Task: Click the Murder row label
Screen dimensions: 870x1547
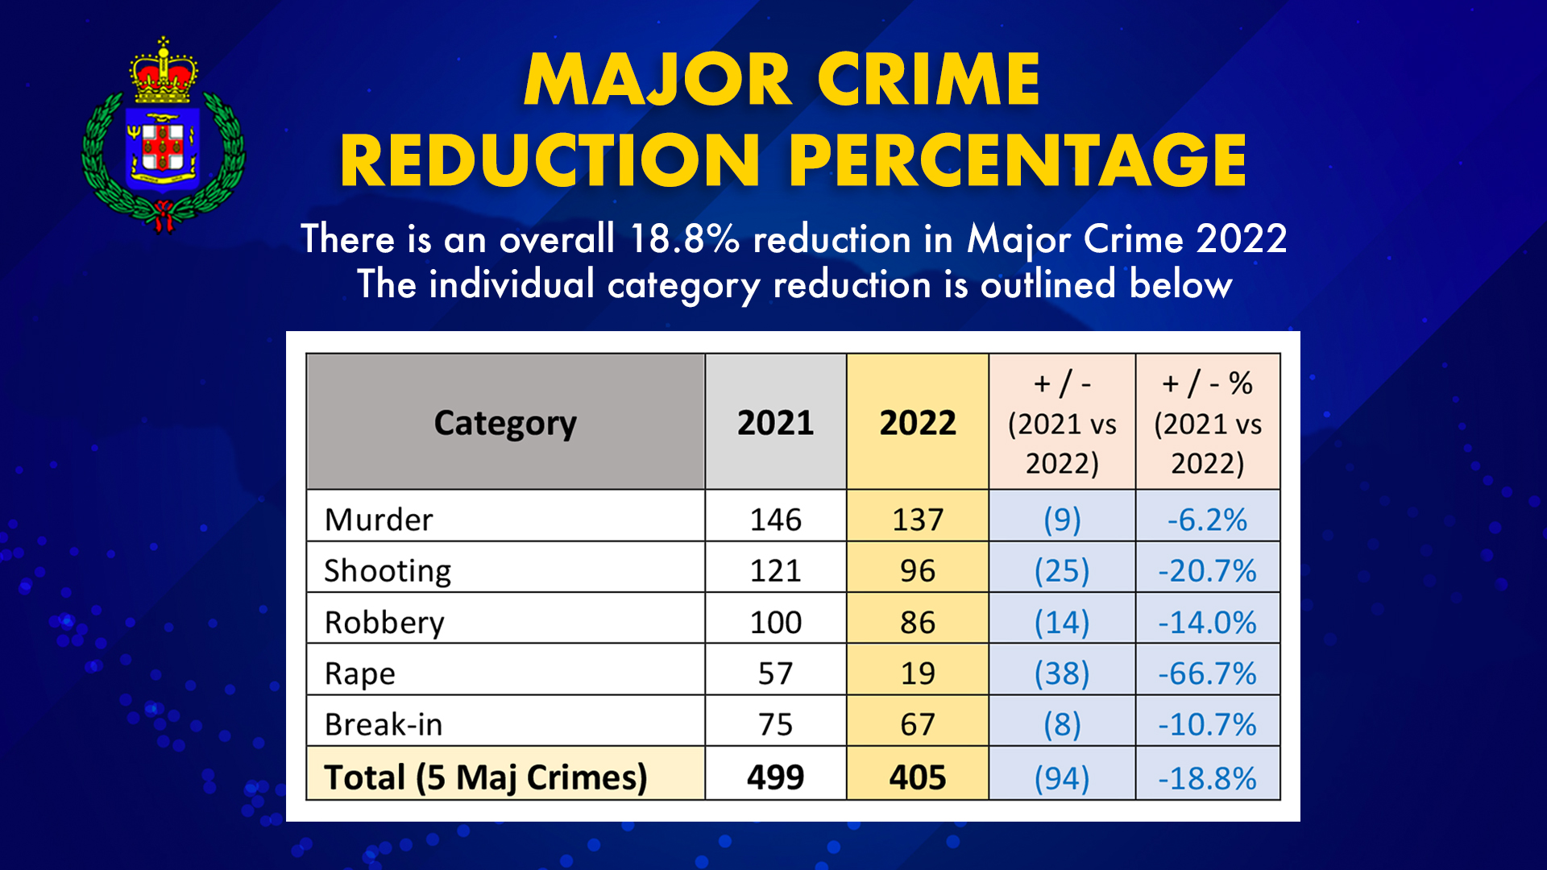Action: tap(378, 520)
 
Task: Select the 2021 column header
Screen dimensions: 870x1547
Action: tap(775, 423)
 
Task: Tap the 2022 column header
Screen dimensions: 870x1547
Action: tap(917, 423)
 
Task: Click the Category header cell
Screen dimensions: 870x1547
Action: tap(505, 423)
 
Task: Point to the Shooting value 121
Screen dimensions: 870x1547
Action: tap(775, 570)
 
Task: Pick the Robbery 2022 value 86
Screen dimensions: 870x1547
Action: tap(917, 622)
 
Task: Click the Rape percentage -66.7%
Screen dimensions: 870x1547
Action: tap(1207, 673)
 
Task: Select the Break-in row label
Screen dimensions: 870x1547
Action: tap(384, 724)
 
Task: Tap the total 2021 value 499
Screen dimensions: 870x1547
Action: tap(775, 777)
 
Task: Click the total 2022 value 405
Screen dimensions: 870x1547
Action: tap(917, 777)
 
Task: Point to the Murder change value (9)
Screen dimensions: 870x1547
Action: tap(1062, 520)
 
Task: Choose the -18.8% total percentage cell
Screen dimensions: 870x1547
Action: tap(1207, 778)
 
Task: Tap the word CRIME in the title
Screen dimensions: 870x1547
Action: tap(928, 80)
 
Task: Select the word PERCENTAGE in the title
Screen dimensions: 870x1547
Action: tap(1018, 160)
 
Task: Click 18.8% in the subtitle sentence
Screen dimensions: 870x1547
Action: tap(684, 239)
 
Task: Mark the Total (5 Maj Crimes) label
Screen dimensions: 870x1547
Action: tap(485, 777)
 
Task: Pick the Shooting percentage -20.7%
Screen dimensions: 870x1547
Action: tap(1207, 570)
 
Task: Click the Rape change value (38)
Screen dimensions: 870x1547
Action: tap(1062, 673)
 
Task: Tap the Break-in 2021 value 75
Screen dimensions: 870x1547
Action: tap(775, 724)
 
